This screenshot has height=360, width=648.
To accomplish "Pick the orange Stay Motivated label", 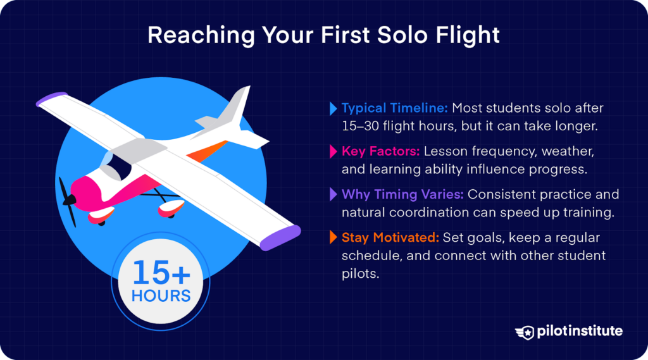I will click(x=388, y=238).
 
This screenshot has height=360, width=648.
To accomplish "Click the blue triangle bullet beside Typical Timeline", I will click(x=333, y=108).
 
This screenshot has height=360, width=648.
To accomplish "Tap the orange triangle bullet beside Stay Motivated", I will click(x=333, y=239).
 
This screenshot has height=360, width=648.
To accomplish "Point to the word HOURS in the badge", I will click(x=161, y=295).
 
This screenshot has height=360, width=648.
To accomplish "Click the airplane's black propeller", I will click(x=68, y=201).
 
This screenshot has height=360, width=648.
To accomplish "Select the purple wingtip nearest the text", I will click(x=280, y=235).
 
